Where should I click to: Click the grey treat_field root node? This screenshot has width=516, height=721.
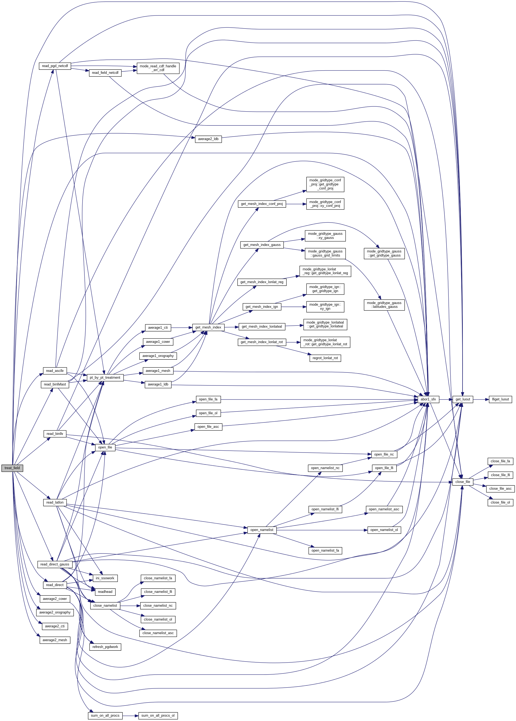pyautogui.click(x=12, y=468)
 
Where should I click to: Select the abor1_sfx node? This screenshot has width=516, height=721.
pyautogui.click(x=428, y=399)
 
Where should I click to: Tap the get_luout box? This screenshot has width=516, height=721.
pyautogui.click(x=462, y=399)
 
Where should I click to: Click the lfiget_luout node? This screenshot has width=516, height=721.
pyautogui.click(x=500, y=399)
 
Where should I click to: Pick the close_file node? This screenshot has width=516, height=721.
pyautogui.click(x=462, y=482)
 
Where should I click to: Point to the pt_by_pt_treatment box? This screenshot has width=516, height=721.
pyautogui.click(x=105, y=378)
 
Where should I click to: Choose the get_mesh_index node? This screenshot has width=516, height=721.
pyautogui.click(x=208, y=327)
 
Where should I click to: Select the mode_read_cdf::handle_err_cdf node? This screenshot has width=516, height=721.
pyautogui.click(x=158, y=68)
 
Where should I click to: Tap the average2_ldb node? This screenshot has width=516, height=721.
pyautogui.click(x=208, y=139)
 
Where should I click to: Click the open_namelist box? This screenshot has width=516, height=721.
pyautogui.click(x=261, y=530)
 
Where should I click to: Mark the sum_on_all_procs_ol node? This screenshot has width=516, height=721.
pyautogui.click(x=158, y=715)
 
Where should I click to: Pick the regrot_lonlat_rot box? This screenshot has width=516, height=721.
pyautogui.click(x=325, y=358)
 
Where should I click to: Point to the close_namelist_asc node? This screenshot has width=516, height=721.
pyautogui.click(x=158, y=633)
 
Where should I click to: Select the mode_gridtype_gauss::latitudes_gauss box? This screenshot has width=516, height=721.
pyautogui.click(x=384, y=305)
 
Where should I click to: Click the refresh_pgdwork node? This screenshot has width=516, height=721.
pyautogui.click(x=105, y=647)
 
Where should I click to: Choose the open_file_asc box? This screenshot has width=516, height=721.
pyautogui.click(x=208, y=426)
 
